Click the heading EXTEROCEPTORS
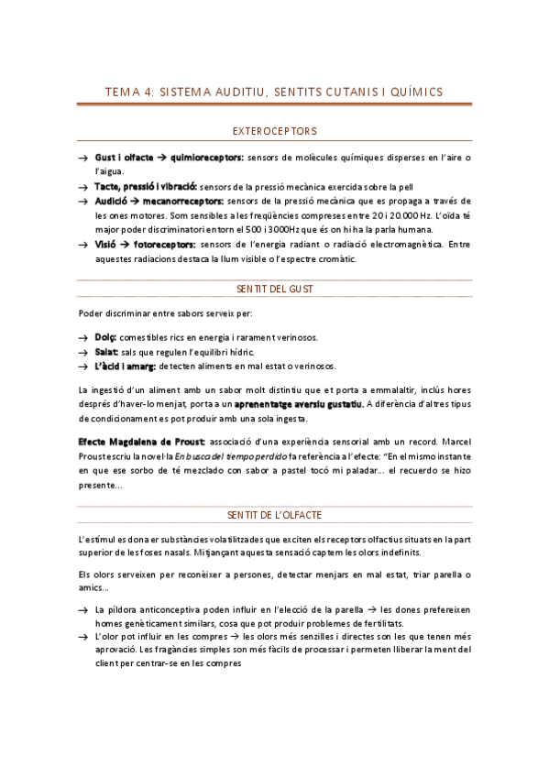pyautogui.click(x=275, y=131)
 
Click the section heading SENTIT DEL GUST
pyautogui.click(x=275, y=289)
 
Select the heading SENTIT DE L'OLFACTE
pyautogui.click(x=275, y=515)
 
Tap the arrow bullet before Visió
pyautogui.click(x=83, y=245)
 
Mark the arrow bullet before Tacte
pyautogui.click(x=83, y=186)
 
